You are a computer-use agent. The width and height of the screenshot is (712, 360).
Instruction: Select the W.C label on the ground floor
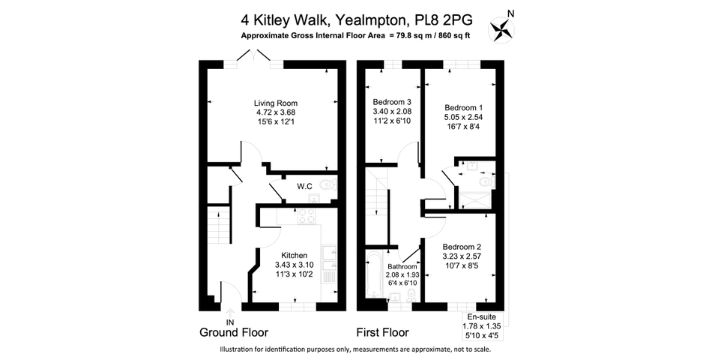click(304, 186)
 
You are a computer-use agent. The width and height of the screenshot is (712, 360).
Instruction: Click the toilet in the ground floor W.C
click(328, 184)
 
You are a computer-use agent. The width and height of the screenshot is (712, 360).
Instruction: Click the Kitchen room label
click(295, 256)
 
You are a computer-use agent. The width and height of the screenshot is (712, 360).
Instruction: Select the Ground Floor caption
click(234, 333)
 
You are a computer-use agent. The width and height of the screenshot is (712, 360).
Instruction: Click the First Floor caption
click(382, 333)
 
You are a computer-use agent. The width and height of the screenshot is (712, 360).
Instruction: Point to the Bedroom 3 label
click(392, 102)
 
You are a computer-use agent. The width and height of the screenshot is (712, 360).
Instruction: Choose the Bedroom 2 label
click(462, 247)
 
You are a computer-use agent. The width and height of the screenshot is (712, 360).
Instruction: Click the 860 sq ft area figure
click(452, 36)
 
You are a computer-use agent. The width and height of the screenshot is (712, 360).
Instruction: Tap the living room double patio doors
click(254, 58)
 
